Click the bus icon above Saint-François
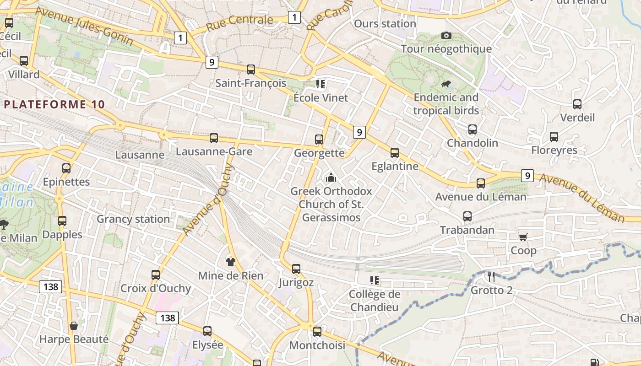click(x=251, y=70)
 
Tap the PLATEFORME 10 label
click(x=55, y=104)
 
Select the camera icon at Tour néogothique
click(x=446, y=35)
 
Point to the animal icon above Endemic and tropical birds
click(x=446, y=84)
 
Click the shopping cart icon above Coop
click(x=523, y=237)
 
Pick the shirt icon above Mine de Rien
click(x=230, y=262)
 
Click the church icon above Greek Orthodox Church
click(x=331, y=178)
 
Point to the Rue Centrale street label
click(x=239, y=22)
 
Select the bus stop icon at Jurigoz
click(x=296, y=269)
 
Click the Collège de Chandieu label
click(x=375, y=301)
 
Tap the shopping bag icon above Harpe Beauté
click(x=73, y=326)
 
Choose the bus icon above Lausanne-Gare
click(x=214, y=138)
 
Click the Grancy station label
click(x=133, y=219)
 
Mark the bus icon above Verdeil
click(x=577, y=104)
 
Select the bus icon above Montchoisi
click(x=317, y=332)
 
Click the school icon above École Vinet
click(x=320, y=84)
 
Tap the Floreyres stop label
click(x=554, y=150)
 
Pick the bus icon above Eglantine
click(x=395, y=153)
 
